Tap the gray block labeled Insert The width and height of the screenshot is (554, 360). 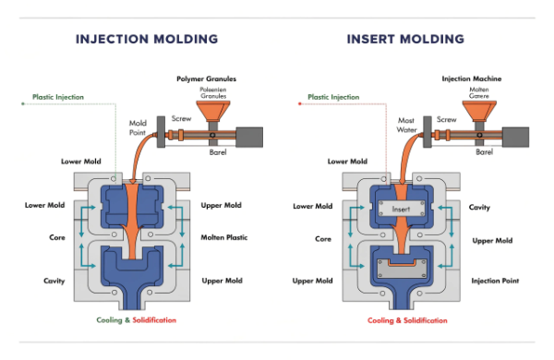(x=399, y=209)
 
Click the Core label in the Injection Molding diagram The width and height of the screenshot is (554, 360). (x=56, y=238)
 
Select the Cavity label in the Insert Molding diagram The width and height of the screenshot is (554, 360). (x=479, y=207)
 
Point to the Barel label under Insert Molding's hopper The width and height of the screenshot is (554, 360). (x=483, y=151)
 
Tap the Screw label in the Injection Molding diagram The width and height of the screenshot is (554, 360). (x=180, y=119)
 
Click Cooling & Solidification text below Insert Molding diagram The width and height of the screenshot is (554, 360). (x=408, y=320)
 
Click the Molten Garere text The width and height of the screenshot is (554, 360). (x=480, y=94)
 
